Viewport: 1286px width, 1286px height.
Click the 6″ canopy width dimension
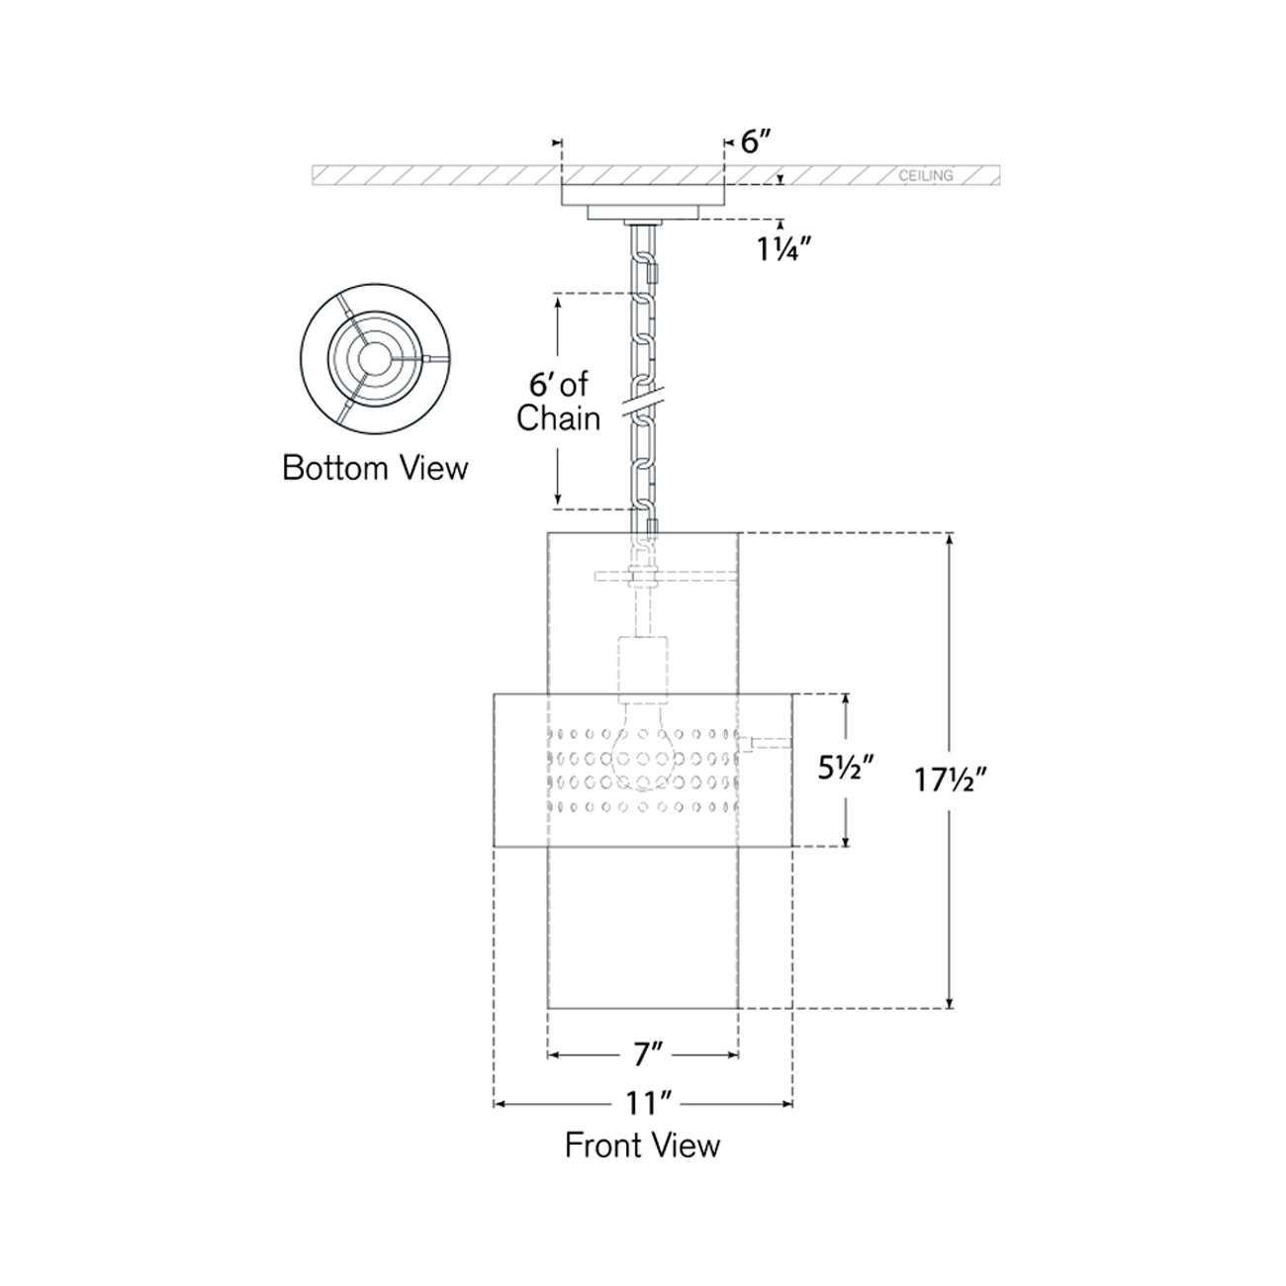(755, 142)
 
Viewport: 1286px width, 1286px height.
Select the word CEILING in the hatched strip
(926, 176)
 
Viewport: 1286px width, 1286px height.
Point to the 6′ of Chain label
(559, 402)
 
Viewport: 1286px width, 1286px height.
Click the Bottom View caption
(375, 467)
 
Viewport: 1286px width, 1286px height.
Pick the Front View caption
(642, 1146)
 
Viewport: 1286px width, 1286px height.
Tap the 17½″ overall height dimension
(951, 781)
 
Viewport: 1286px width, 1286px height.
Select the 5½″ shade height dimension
(846, 769)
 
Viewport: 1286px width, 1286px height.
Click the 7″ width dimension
(647, 1056)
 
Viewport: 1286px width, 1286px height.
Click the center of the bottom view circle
(375, 357)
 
